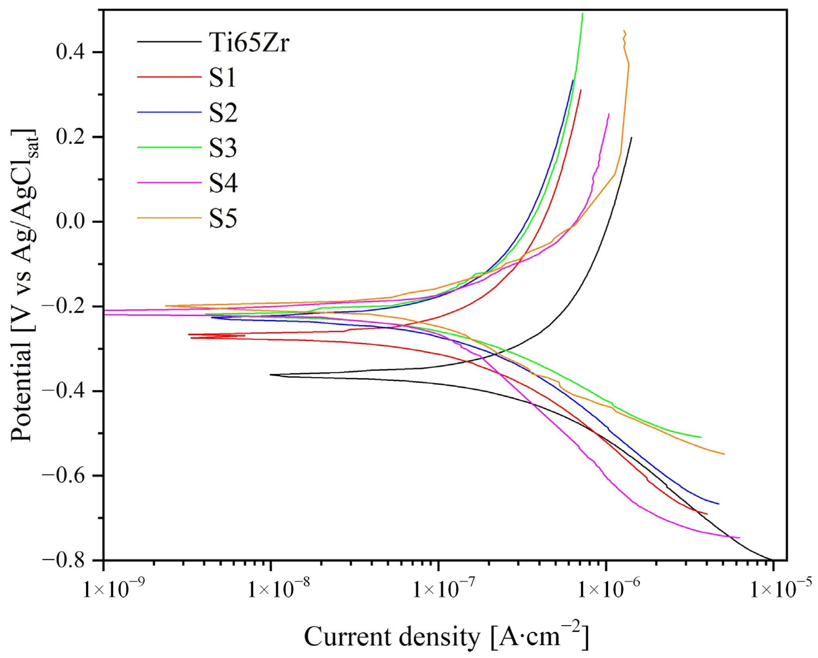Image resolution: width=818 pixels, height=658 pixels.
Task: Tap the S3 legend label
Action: point(224,148)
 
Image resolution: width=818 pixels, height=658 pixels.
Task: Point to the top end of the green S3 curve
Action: point(583,14)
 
